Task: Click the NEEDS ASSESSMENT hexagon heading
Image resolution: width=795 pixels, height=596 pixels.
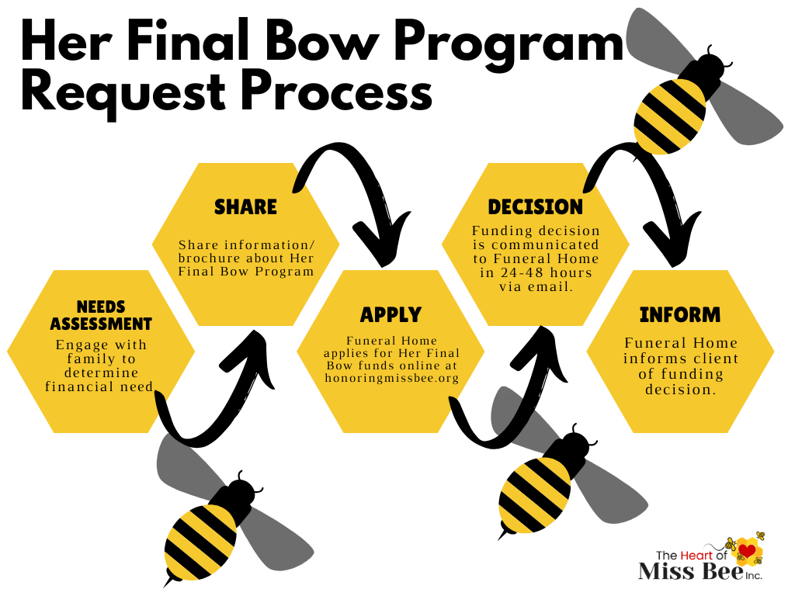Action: click(x=101, y=314)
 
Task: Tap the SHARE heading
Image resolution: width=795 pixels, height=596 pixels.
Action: click(x=245, y=207)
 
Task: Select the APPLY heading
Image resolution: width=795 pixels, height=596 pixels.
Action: click(x=391, y=314)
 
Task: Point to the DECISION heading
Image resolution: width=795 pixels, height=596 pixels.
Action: click(x=535, y=207)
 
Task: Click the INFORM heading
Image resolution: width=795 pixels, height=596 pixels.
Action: click(x=680, y=315)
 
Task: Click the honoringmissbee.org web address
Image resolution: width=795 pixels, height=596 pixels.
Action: click(x=391, y=378)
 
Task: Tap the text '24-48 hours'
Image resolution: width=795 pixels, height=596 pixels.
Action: click(x=535, y=272)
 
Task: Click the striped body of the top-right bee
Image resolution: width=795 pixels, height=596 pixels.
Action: click(x=669, y=115)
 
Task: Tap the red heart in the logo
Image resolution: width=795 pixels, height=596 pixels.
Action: click(x=746, y=551)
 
